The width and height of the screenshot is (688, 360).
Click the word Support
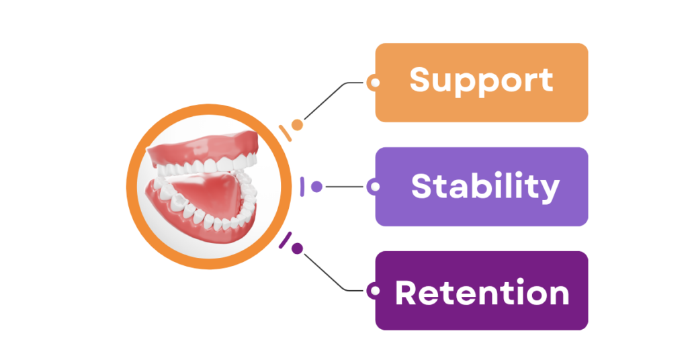pos(481,81)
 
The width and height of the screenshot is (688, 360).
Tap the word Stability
pos(484,187)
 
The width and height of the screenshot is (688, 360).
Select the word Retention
pos(482,293)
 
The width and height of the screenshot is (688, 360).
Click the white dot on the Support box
pos(376,83)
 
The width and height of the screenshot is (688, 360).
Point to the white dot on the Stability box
pos(376,187)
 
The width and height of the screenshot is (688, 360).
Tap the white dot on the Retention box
pos(376,291)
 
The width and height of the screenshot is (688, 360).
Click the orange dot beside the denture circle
pos(297,125)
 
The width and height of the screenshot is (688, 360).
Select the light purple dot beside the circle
pos(316,187)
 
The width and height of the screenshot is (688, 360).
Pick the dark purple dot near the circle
pos(297,249)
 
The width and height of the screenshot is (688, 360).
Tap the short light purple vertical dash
pos(303,187)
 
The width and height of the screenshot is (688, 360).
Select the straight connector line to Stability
pos(346,187)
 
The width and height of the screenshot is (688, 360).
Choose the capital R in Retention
pos(407,293)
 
